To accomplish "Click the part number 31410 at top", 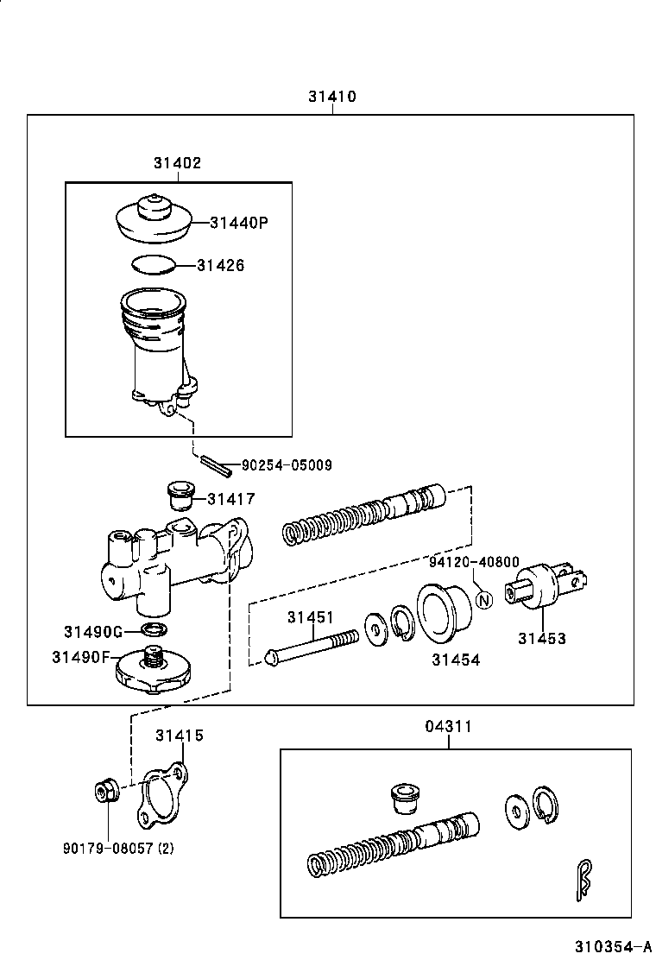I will (332, 97).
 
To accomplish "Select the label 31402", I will (178, 162).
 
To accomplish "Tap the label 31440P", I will (239, 223).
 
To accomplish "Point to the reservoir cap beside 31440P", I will (152, 220).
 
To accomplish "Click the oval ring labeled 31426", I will (155, 264).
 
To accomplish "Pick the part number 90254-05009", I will (286, 465).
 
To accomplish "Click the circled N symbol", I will (483, 599).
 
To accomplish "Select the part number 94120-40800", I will (474, 561).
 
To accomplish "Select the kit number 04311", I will (448, 726).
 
